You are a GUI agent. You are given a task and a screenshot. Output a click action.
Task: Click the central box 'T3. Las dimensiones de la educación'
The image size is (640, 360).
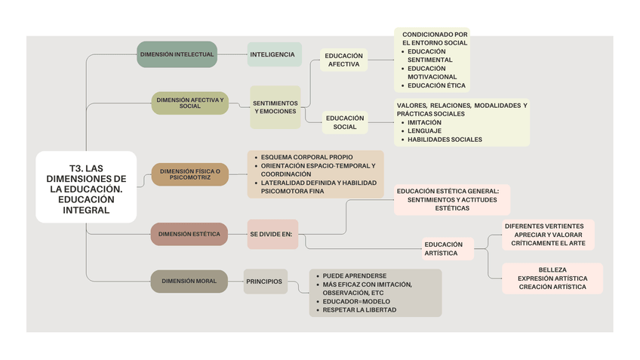(86, 186)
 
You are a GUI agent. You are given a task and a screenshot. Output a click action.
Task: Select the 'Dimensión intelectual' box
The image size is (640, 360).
(177, 54)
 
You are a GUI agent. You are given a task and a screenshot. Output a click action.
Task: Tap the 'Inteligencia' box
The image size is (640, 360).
(273, 54)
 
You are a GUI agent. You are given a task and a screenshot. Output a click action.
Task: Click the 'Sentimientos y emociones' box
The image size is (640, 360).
(275, 107)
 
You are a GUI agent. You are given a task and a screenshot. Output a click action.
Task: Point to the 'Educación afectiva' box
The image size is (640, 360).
(343, 60)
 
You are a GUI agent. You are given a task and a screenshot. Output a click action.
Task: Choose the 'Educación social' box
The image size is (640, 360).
(345, 122)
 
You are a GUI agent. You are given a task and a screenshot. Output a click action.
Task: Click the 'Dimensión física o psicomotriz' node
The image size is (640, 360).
(190, 174)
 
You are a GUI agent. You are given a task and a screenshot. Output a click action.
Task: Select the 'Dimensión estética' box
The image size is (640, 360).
(189, 234)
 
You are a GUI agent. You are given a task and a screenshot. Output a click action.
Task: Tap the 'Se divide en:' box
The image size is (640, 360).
(271, 234)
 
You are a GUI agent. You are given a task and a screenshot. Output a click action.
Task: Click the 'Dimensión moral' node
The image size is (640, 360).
(189, 281)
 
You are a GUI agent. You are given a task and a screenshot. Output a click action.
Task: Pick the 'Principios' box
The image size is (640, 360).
(264, 282)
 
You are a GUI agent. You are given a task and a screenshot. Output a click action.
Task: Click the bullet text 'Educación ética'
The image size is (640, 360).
(436, 85)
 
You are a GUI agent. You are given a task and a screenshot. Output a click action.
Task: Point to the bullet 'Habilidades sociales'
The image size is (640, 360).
(445, 139)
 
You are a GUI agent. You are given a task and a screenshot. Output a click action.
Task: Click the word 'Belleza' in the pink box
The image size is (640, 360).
(552, 269)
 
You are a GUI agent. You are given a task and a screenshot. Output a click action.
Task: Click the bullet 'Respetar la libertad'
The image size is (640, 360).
(359, 309)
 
